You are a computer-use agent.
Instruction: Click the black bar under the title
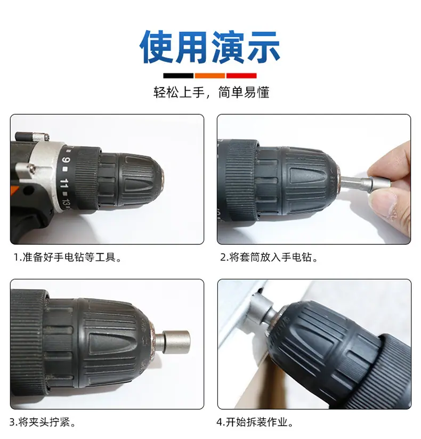pos(178,76)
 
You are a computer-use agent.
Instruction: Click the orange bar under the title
pos(210,76)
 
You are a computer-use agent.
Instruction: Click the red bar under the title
pos(241,76)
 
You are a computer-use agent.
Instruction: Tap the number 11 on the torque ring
pos(64,183)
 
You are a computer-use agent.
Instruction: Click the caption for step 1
pos(68,257)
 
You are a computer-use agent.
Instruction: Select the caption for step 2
pos(269,257)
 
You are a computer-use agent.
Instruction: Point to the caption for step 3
pos(43,422)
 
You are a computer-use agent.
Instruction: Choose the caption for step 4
pos(255,422)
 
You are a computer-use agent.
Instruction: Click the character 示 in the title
pos(263,47)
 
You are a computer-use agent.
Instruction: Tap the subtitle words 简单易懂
pos(244,92)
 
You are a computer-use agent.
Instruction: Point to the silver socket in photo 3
pos(173,341)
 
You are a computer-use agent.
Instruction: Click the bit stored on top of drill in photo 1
pos(32,137)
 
